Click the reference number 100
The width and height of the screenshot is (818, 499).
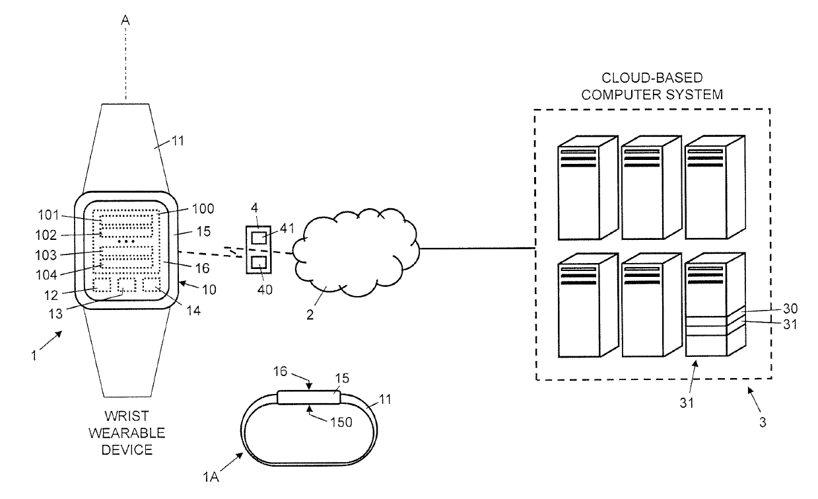pos(203,209)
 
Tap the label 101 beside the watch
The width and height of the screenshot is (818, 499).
pos(48,215)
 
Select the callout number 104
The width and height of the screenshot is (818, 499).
pos(46,275)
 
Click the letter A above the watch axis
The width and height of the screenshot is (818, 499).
pos(125,20)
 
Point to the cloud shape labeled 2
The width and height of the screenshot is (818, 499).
pos(356,252)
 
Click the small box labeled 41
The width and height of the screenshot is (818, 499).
pos(259,238)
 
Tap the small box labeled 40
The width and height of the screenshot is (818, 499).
pos(259,263)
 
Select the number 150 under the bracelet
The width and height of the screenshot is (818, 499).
pos(341,422)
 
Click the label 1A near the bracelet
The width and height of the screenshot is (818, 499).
pos(211,477)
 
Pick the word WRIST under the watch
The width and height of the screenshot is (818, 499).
pos(127,416)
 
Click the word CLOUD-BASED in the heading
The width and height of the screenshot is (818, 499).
pos(652,78)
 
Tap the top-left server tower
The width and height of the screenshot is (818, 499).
pos(588,188)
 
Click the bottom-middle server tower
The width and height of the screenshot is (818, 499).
pos(652,305)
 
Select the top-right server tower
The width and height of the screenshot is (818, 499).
pos(715,188)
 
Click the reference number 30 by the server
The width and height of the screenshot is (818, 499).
pos(790,309)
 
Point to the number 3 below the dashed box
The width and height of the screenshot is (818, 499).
pos(763,422)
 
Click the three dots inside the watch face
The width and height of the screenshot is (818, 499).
pos(126,242)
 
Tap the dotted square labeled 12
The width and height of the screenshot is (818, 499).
pos(102,285)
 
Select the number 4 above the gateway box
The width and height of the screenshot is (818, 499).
pos(255,208)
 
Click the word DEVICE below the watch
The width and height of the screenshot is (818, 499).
pos(127,450)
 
